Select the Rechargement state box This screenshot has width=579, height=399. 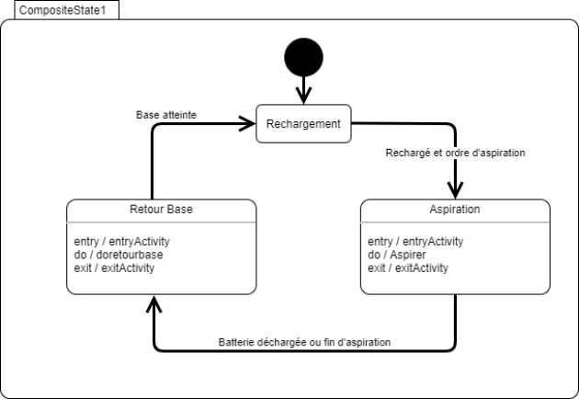point(303,124)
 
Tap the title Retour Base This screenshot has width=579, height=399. point(154,210)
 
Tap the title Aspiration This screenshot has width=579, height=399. point(455,210)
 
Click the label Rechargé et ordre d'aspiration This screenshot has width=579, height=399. point(455,153)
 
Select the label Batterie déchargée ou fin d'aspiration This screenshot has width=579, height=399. point(304,341)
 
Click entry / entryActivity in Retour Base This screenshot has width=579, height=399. point(122,242)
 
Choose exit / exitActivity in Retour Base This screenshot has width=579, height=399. point(115,268)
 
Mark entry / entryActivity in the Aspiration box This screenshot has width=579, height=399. point(416,242)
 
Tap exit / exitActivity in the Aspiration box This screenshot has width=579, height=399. point(409,268)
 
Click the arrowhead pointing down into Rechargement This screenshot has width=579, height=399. point(303,98)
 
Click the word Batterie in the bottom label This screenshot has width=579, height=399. point(238,341)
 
